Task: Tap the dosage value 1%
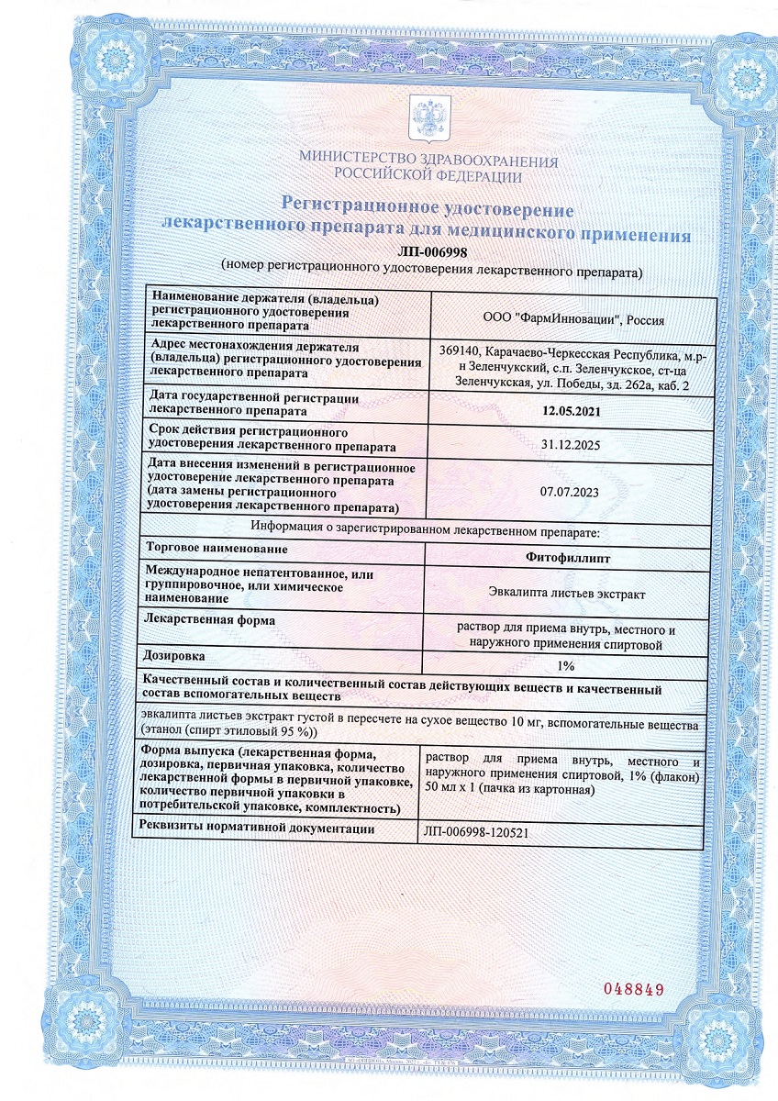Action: (x=565, y=666)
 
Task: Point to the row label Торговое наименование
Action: (x=217, y=549)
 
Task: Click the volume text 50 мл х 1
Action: (x=456, y=790)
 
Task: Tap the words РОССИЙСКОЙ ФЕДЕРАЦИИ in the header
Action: (x=428, y=176)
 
